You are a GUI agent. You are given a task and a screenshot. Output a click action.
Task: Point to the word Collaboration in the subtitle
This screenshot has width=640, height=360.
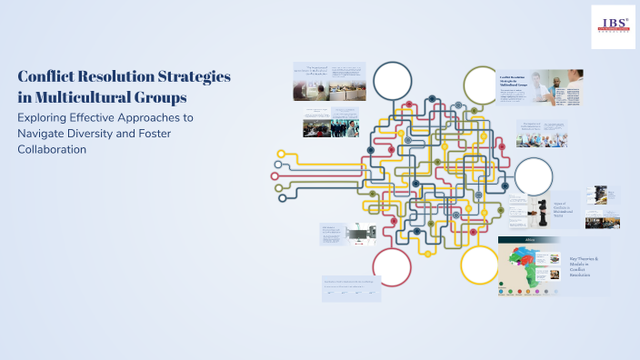coord(52,149)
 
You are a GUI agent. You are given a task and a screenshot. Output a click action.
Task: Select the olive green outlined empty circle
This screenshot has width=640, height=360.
coord(481,85)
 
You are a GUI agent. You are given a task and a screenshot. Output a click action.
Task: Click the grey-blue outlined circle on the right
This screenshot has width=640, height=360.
coord(534,176)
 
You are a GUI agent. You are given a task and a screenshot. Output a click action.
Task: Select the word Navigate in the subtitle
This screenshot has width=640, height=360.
coord(45,134)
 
